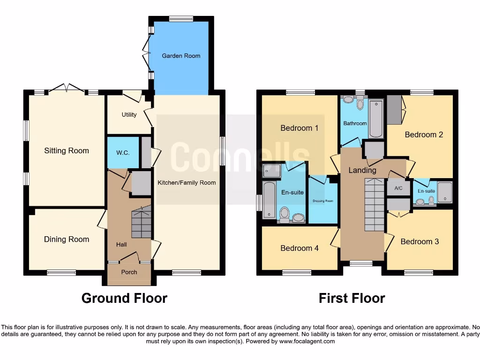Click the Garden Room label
pos(181,56)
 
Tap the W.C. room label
pos(123,153)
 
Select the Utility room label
pos(129,115)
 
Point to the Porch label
pos(129,272)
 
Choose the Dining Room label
pos(67,240)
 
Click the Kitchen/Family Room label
pos(187,182)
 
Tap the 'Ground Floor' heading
pos(124,298)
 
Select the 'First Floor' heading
pos(352,298)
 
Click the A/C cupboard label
pos(398,188)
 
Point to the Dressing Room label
pos(323,201)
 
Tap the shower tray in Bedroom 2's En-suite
pos(445,192)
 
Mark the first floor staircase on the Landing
pos(374,206)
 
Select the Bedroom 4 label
pos(300,248)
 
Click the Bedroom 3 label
pos(420,242)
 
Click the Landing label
pos(362,170)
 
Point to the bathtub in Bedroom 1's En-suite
pos(269,200)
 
